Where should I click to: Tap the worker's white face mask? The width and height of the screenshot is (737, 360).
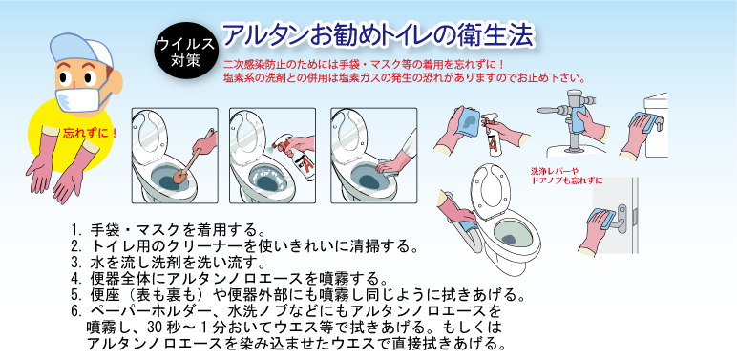point(78,99)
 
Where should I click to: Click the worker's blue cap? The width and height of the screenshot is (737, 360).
point(81,49)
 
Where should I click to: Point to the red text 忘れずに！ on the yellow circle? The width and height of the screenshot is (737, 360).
point(90,133)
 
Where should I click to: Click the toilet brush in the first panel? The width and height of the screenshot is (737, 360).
point(192,159)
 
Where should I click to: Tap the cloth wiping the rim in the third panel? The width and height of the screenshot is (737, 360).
point(389,165)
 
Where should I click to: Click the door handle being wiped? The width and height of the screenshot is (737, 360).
point(621,218)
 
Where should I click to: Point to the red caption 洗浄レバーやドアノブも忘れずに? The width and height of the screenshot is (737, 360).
point(566,175)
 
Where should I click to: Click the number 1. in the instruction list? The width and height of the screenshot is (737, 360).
point(77,231)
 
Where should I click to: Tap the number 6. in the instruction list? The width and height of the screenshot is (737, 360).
point(77,311)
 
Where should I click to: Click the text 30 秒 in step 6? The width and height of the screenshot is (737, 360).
point(163,328)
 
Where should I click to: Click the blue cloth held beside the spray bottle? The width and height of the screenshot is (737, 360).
point(467,120)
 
